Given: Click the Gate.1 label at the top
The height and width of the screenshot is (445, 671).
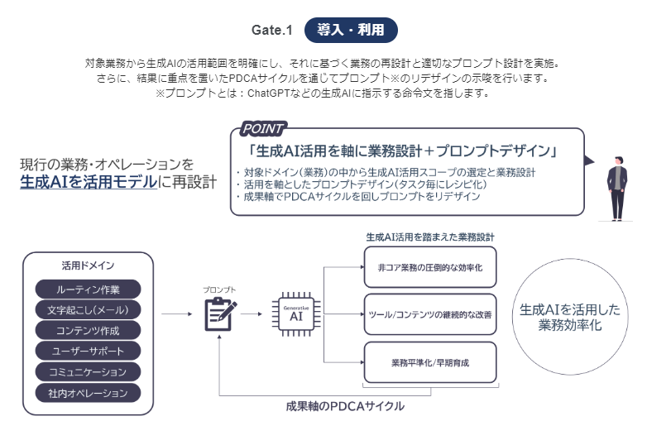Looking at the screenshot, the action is click(271, 30).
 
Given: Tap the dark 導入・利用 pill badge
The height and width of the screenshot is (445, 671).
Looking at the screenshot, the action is click(351, 30).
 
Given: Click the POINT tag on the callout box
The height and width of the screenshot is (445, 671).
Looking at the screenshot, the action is click(262, 128).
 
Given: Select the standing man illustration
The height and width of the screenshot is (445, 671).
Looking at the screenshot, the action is click(617, 189).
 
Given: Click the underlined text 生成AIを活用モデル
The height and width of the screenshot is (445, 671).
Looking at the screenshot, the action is click(89, 182).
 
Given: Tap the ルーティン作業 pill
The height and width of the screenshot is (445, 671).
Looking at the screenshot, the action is click(89, 289).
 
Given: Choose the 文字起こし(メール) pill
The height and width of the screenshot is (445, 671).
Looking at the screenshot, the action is click(89, 310).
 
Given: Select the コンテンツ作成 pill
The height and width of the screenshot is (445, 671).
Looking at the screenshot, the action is click(89, 330).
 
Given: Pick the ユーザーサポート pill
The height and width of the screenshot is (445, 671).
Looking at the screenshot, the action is click(89, 351).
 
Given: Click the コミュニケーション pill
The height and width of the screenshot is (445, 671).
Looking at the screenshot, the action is click(89, 371).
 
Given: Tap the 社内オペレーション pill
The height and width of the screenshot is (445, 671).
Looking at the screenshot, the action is click(89, 393).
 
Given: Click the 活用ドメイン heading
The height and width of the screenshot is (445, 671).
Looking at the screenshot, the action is click(89, 266).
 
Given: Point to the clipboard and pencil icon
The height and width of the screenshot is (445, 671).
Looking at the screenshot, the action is click(220, 314).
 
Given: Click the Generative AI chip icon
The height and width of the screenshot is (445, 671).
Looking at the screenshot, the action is click(296, 314).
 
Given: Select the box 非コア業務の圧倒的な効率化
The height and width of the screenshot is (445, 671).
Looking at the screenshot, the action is click(430, 267).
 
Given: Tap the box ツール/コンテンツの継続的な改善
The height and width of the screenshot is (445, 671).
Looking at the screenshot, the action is click(430, 314).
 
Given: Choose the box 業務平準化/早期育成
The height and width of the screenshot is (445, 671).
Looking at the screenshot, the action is click(430, 362).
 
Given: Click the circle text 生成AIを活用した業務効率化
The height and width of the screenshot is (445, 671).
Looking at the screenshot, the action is click(570, 317).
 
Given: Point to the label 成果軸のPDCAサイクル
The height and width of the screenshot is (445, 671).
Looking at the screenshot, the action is click(345, 406).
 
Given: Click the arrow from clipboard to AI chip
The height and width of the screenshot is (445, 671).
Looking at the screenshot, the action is click(252, 314).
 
